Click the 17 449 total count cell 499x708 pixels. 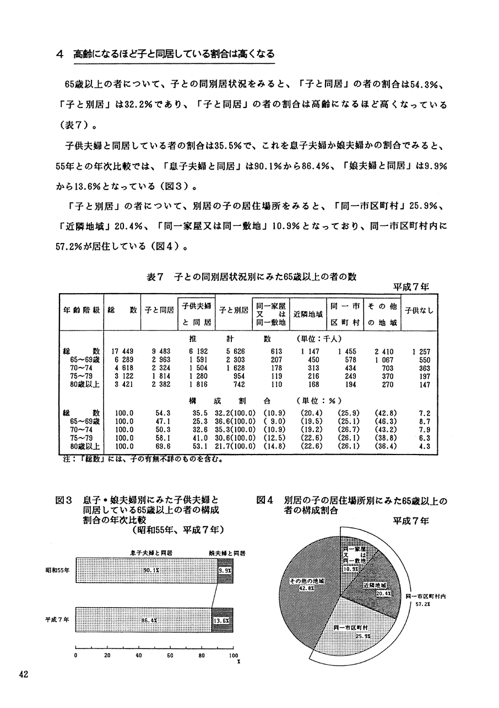click(122, 351)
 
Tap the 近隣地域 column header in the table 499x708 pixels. click(308, 312)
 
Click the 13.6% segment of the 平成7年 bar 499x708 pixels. click(221, 620)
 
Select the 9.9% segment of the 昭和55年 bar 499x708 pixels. click(224, 571)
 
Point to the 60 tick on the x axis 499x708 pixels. click(170, 656)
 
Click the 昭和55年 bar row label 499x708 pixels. click(57, 571)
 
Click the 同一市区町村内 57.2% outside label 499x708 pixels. click(425, 599)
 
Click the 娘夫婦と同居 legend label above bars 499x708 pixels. click(227, 552)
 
